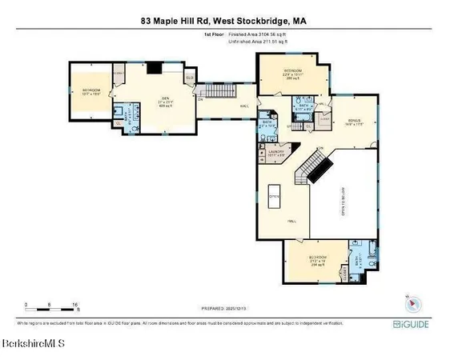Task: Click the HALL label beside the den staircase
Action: click(239, 105)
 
